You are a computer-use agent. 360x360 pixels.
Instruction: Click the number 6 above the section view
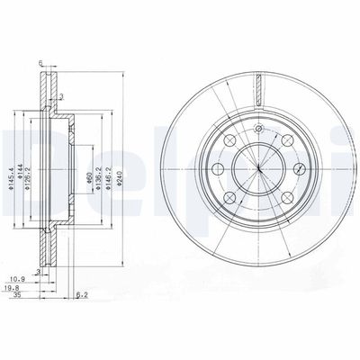pyautogui.click(x=42, y=63)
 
